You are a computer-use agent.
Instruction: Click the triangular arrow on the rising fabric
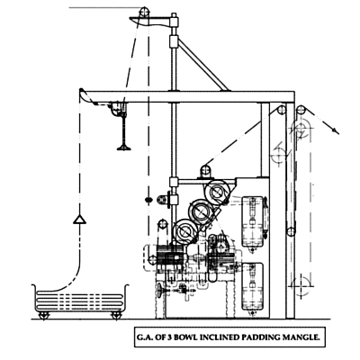79,220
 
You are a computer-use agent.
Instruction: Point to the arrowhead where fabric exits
336,130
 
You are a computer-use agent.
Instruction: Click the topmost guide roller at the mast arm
144,12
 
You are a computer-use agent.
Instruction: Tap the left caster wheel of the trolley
44,316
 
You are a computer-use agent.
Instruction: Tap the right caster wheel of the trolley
116,316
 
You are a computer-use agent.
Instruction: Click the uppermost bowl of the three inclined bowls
218,191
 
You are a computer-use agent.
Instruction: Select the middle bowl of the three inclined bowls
200,211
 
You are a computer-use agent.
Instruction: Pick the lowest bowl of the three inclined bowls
184,231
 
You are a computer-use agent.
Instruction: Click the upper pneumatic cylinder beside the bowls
253,222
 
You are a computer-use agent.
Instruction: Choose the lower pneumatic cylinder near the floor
253,287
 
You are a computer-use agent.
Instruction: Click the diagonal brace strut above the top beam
203,64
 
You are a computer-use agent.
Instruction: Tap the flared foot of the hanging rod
124,148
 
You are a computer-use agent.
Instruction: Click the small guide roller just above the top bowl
205,170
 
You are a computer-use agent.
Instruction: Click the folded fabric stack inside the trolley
79,301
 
